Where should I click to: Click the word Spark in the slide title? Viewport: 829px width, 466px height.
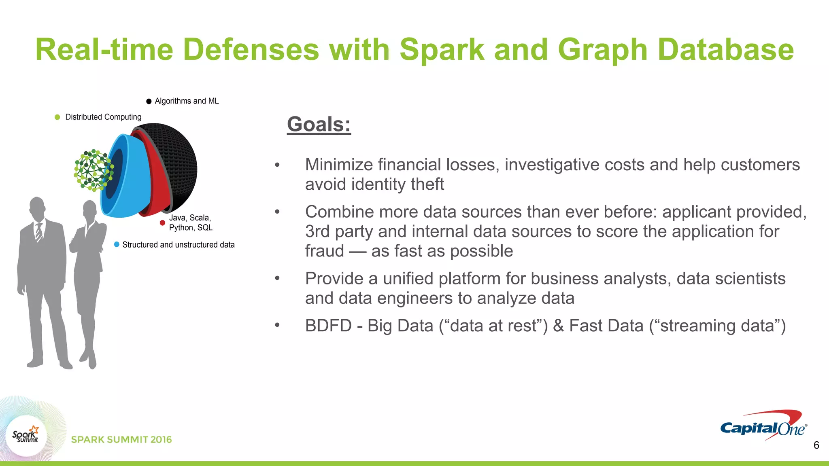tap(442, 50)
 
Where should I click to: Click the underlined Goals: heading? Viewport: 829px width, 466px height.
tap(319, 124)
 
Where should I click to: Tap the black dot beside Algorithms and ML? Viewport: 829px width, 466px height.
tap(149, 101)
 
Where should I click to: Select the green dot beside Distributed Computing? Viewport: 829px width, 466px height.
tap(57, 117)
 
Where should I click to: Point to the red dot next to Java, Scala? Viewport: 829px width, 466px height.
tap(162, 223)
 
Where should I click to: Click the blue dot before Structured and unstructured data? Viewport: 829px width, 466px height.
tap(117, 244)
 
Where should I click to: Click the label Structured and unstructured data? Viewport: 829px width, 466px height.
tap(178, 245)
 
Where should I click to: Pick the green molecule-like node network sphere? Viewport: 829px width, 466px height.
tap(93, 170)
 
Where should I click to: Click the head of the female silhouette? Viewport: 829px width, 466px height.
tap(89, 209)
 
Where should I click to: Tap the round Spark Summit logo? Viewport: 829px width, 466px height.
tap(26, 436)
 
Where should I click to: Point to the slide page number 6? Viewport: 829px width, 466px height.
tap(816, 445)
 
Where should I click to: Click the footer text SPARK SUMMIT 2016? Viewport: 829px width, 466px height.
tap(121, 440)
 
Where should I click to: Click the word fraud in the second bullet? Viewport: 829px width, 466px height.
tap(324, 251)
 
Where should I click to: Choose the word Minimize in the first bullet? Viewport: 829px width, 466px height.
tap(338, 165)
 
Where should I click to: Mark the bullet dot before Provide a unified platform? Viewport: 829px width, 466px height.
tap(277, 279)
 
